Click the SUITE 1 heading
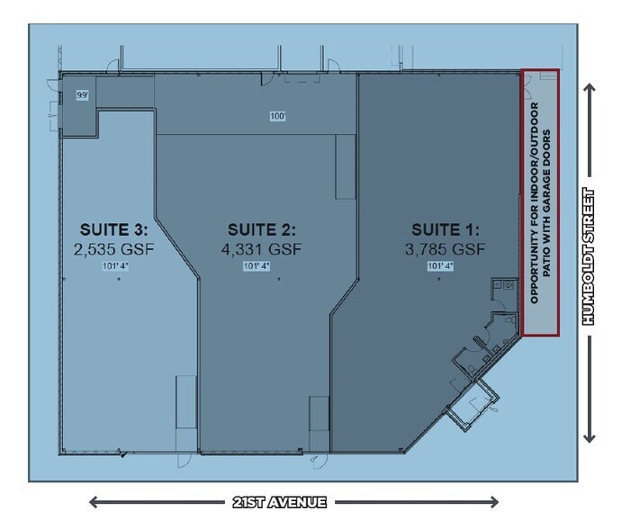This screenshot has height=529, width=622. click(x=446, y=229)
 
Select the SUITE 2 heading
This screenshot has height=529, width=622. click(x=261, y=229)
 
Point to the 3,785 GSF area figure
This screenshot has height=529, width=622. click(x=446, y=248)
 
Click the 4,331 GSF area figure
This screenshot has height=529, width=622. click(x=261, y=248)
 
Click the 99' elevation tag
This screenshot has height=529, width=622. click(x=83, y=94)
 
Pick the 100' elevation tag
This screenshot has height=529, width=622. click(x=277, y=115)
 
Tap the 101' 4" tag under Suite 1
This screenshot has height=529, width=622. click(x=439, y=266)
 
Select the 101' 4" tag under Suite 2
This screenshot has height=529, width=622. click(x=257, y=266)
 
